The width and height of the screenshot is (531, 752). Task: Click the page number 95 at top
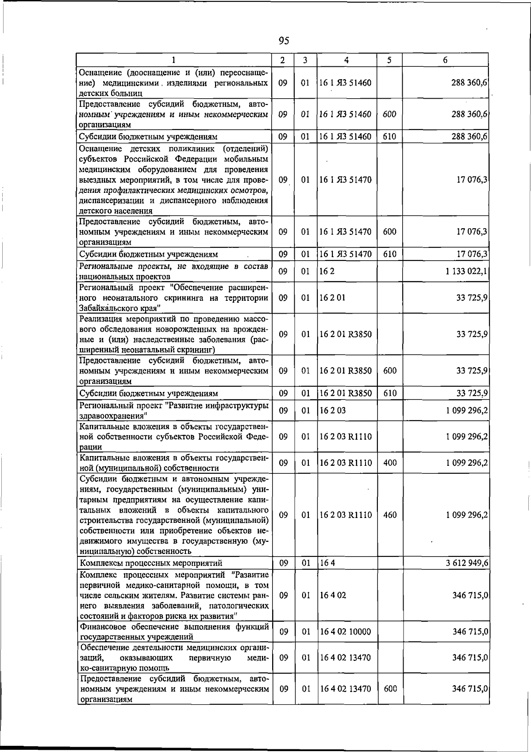point(284,41)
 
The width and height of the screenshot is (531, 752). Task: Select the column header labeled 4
point(346,60)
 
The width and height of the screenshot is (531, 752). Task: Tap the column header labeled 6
point(445,60)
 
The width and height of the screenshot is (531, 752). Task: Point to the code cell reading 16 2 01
point(332,298)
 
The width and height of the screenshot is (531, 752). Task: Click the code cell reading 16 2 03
point(332,410)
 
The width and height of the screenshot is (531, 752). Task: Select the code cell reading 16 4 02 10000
point(345,632)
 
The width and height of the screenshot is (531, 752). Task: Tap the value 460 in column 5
point(390,515)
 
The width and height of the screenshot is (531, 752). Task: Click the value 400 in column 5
point(390,463)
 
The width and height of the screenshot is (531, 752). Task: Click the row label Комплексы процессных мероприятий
point(150,563)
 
